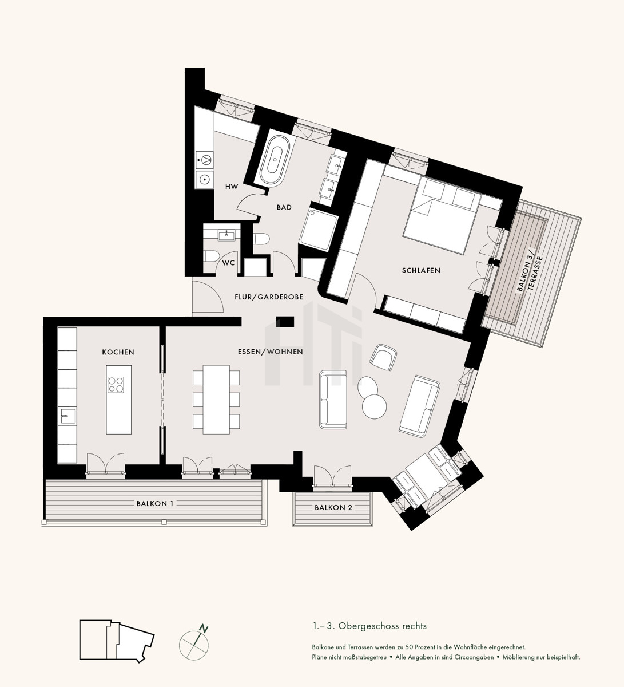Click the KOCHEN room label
[118, 352]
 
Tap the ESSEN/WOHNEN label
[271, 352]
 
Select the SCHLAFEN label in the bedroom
[421, 270]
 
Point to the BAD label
[284, 207]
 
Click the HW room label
[232, 187]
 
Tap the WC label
[229, 263]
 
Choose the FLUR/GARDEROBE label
[269, 297]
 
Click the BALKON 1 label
[155, 503]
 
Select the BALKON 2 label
[333, 508]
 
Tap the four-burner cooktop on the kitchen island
[116, 385]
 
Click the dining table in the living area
[216, 400]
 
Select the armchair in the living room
[383, 357]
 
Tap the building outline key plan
[117, 641]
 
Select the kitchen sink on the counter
[67, 416]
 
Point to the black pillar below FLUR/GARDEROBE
[285, 321]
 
